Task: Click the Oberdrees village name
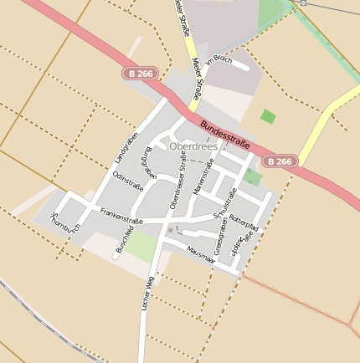[x=193, y=146]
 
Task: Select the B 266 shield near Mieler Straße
[x=141, y=74]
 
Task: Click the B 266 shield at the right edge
[x=279, y=161]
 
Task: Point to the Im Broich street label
[x=218, y=59]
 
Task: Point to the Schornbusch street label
[x=66, y=222]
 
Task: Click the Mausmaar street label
[x=202, y=254]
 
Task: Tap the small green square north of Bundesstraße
[x=268, y=116]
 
